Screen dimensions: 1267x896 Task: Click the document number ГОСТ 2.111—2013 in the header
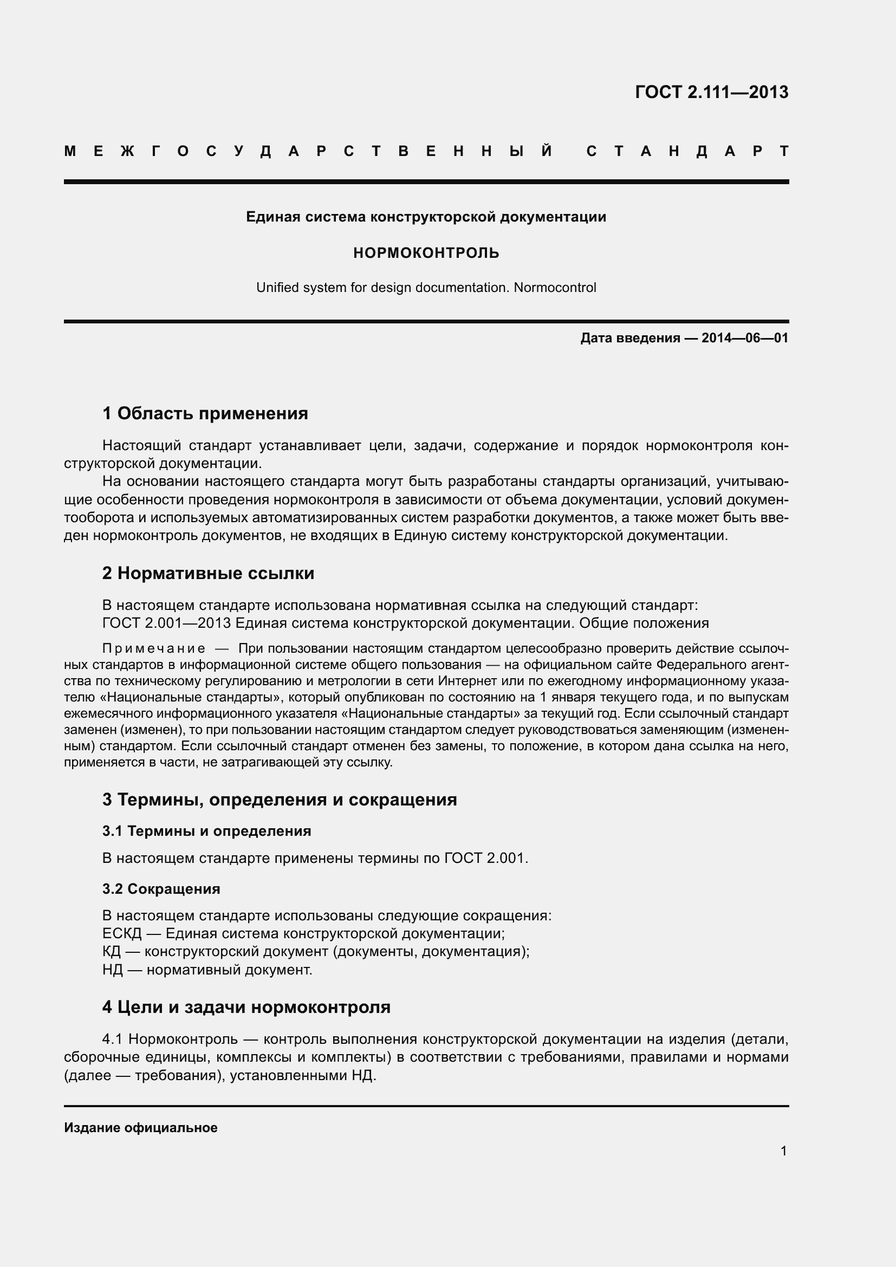point(711,92)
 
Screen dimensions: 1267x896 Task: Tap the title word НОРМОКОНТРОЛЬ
point(426,253)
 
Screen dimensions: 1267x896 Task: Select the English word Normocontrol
point(555,288)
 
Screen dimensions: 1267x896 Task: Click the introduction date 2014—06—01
point(745,337)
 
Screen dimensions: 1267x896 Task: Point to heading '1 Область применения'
point(205,413)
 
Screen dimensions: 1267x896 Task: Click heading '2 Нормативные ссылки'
point(208,573)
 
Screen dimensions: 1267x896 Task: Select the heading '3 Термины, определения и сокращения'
point(279,800)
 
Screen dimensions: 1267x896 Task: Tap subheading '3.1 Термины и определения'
point(206,831)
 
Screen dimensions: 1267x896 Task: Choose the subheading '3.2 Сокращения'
point(161,889)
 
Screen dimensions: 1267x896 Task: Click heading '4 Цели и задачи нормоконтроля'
point(246,1007)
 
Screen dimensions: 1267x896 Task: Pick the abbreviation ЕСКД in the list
point(122,934)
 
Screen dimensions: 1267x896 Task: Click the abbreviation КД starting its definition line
point(112,951)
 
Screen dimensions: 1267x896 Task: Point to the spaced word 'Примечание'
point(154,648)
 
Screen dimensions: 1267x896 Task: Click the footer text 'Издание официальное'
point(141,1128)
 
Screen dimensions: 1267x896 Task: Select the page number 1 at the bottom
point(783,1151)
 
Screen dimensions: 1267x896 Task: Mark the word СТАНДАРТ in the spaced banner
point(687,151)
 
